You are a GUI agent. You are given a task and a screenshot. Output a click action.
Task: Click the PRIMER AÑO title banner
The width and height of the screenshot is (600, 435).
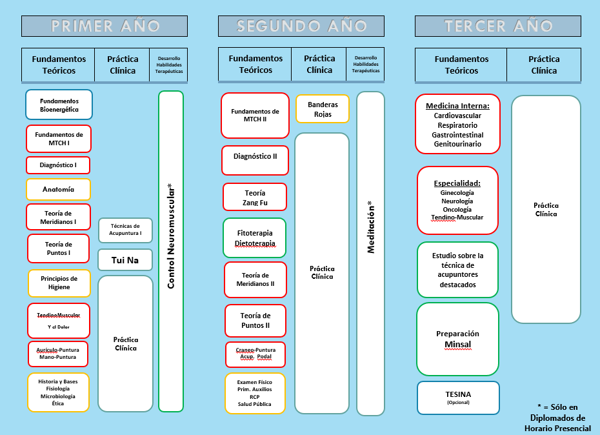pos(105,26)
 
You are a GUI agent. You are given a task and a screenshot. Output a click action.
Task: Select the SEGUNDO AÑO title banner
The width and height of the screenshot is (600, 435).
pos(301,26)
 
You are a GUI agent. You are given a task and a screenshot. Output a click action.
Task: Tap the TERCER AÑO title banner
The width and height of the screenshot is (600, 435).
pos(498,26)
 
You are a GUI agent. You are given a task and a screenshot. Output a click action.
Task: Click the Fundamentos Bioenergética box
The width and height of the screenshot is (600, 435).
pos(59,105)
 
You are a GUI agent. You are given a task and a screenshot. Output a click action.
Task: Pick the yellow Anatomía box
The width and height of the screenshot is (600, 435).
pos(58,190)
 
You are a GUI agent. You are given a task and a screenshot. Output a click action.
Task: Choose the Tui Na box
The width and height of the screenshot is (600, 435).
pos(125,260)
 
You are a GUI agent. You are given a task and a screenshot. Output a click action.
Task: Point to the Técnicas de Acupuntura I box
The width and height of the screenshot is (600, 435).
pos(125,230)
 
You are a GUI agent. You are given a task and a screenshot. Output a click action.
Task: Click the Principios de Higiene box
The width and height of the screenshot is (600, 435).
pos(59,283)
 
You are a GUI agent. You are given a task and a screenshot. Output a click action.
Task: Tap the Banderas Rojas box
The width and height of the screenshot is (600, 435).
pos(323,108)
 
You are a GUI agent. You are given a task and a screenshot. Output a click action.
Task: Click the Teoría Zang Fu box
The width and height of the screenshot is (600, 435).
pos(254,197)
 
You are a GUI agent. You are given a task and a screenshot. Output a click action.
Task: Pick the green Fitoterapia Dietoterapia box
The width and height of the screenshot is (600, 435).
pos(254,238)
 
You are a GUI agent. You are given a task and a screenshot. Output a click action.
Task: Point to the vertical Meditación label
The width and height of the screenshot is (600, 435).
pos(370,227)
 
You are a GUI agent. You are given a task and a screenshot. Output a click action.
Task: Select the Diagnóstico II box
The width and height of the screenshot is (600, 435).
pos(254,156)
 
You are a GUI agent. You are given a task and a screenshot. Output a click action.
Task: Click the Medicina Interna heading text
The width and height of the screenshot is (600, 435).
pos(457,106)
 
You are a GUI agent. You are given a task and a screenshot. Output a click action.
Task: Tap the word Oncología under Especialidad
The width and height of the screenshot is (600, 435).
pos(457,209)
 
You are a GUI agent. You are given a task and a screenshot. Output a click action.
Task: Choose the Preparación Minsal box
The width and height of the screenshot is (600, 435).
pos(457,339)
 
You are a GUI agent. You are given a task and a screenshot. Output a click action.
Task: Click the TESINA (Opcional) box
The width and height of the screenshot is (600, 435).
pos(458,398)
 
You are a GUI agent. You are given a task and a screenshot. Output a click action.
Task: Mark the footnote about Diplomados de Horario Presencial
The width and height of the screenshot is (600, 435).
pos(557,417)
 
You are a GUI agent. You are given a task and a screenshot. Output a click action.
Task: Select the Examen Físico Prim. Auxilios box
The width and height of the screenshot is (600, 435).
pos(254,393)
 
